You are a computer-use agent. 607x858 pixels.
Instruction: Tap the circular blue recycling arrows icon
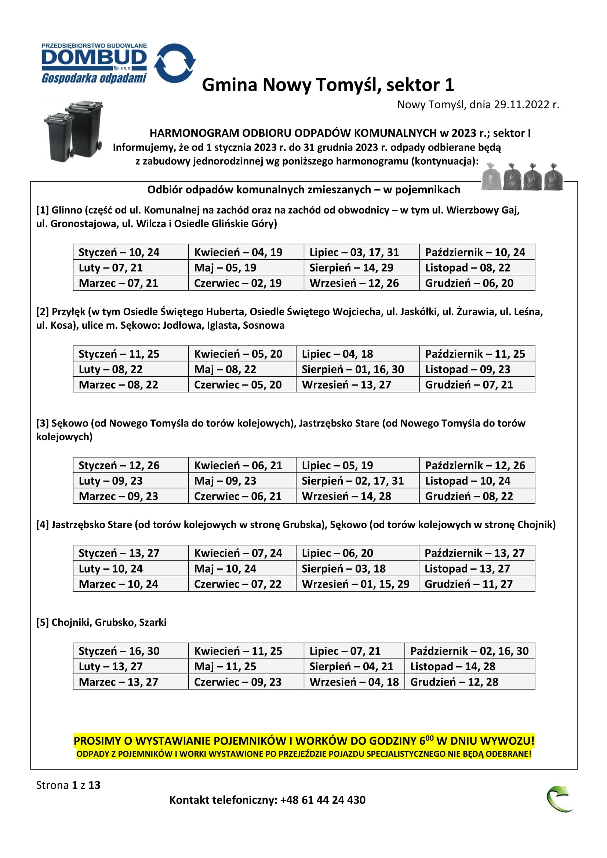(175, 63)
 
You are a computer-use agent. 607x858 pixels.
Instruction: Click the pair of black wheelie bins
(74, 131)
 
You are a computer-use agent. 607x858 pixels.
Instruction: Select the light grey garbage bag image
(491, 177)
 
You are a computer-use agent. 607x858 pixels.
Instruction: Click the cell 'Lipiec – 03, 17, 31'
(354, 252)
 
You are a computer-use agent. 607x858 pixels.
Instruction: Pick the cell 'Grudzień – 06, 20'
(469, 283)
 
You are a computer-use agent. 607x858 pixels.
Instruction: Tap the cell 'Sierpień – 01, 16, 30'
(353, 369)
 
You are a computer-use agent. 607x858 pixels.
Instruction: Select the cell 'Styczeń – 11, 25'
(119, 354)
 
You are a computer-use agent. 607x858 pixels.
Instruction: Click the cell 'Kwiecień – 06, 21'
(238, 465)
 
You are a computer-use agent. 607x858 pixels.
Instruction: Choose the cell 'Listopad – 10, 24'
(468, 481)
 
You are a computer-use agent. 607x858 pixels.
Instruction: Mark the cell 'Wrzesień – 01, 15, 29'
(356, 584)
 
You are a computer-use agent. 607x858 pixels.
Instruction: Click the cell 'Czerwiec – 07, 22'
(238, 584)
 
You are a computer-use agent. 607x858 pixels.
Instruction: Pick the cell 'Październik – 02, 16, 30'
(469, 651)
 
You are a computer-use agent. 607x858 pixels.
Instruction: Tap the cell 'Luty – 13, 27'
(110, 666)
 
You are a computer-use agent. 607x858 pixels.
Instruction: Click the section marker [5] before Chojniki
(43, 622)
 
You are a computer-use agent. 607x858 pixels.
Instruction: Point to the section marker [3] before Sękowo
(43, 423)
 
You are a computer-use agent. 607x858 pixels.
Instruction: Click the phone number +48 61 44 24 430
(323, 800)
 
